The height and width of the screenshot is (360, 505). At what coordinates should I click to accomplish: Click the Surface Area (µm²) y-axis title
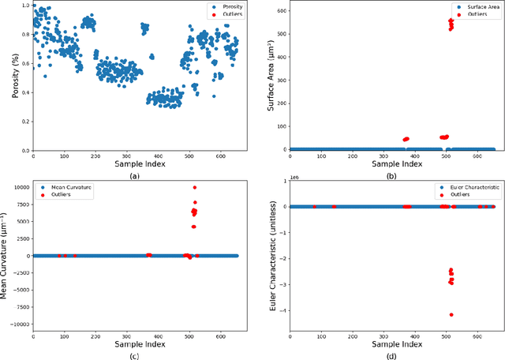click(264, 77)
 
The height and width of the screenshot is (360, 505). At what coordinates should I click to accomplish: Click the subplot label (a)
click(135, 177)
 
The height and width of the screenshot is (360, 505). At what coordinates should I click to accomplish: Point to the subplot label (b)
click(392, 177)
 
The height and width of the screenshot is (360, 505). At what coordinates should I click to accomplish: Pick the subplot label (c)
click(135, 354)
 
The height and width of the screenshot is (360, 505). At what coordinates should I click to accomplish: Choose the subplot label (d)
click(392, 354)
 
